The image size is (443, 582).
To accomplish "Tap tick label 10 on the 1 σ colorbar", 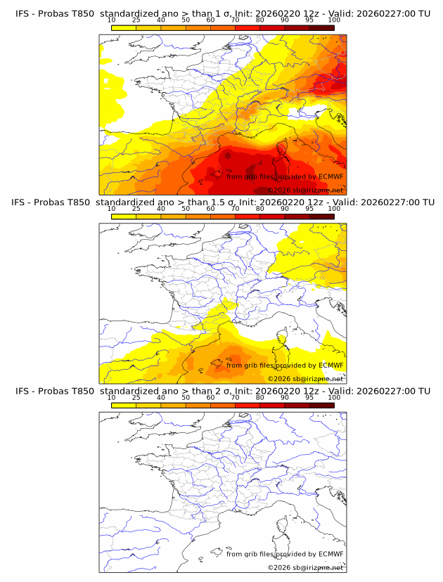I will click(111, 20).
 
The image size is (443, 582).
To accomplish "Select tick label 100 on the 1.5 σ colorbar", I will click(334, 209).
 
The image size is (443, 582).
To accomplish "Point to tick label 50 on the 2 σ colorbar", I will click(186, 397).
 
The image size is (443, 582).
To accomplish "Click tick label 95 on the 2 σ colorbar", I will click(309, 397).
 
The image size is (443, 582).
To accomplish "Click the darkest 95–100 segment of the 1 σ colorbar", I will click(321, 27).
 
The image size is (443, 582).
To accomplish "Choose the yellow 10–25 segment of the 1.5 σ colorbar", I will click(124, 216).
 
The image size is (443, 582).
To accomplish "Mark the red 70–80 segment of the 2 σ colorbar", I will click(248, 405).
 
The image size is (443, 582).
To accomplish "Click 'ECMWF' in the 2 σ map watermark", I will click(330, 554).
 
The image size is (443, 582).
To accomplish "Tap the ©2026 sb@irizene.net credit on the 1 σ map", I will click(305, 190).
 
